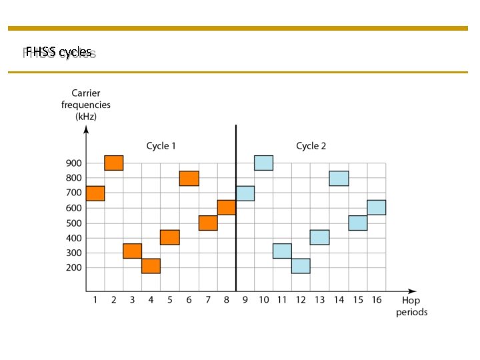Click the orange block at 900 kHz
[114, 163]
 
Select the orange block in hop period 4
[151, 266]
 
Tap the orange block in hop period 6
[189, 178]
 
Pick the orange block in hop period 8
[227, 207]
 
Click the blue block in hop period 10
[264, 163]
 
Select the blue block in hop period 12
[301, 266]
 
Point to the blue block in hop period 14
[339, 178]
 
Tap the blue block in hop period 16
[377, 207]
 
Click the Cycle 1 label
[161, 146]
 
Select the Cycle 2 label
[311, 146]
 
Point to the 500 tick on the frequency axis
[73, 223]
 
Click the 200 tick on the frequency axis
[73, 267]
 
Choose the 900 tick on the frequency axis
[73, 163]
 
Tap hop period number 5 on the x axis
[170, 300]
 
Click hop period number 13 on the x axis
[320, 300]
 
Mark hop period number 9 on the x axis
[245, 300]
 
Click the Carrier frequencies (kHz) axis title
[86, 105]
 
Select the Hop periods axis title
[411, 306]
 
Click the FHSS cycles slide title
[59, 51]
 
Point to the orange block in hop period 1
[95, 193]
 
